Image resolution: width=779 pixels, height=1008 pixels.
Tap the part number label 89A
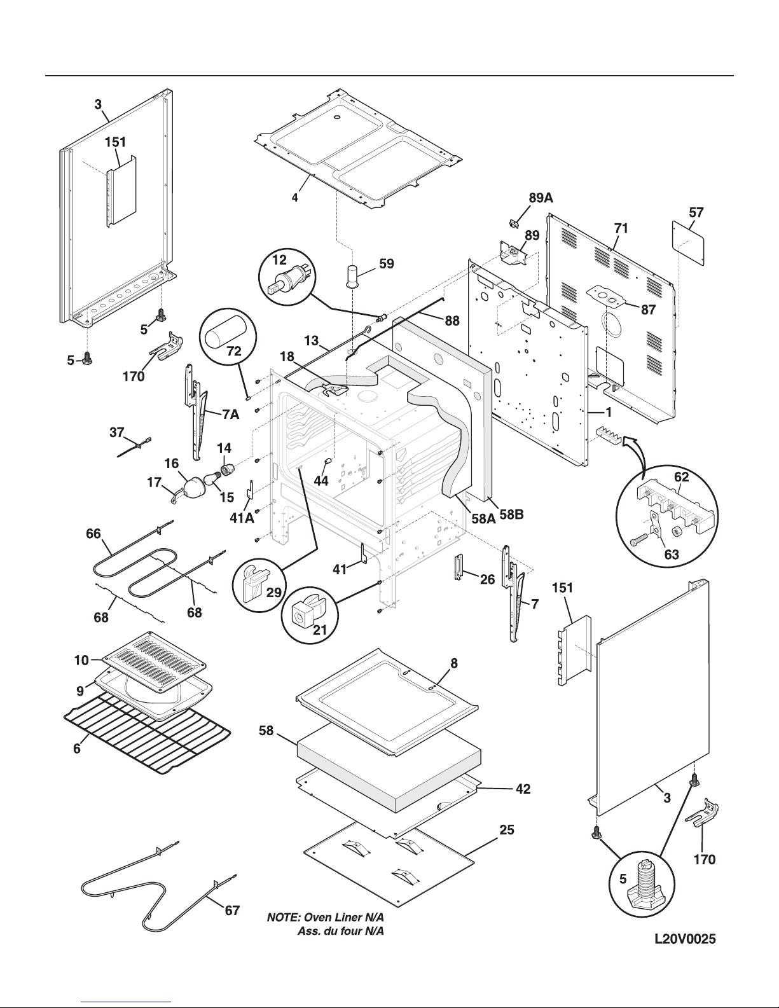(x=541, y=198)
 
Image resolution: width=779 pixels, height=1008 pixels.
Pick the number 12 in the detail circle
(x=279, y=259)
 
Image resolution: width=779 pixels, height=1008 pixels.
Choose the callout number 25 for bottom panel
(x=507, y=830)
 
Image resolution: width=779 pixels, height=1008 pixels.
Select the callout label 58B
(x=511, y=516)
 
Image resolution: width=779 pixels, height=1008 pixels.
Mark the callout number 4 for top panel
(x=294, y=198)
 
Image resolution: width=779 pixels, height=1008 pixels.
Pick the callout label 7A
(x=230, y=415)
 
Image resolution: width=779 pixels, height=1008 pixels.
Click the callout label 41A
(x=242, y=518)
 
